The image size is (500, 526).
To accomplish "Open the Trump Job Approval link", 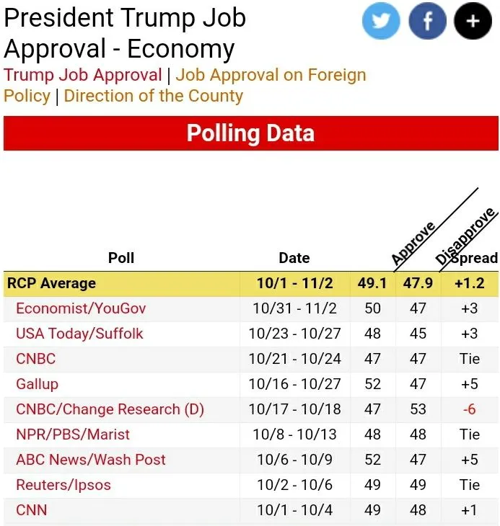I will click(x=83, y=75).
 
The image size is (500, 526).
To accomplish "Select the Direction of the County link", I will click(x=153, y=96).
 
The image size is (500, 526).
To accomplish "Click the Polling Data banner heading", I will click(x=250, y=133).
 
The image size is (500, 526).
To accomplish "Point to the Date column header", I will click(x=294, y=258).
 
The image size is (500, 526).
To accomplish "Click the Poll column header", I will click(x=121, y=258).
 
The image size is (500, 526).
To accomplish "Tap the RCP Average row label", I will click(x=51, y=283).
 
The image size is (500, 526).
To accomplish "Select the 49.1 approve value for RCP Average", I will click(x=372, y=283).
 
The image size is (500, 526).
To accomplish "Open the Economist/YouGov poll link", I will click(x=81, y=308).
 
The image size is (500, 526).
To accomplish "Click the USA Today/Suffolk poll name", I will click(x=79, y=334).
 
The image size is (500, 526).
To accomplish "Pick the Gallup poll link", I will click(x=37, y=384).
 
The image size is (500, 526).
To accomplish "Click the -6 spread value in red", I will click(x=469, y=409).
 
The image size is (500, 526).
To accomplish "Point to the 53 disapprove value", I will click(x=418, y=409).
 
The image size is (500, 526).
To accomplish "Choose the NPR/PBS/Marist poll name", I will click(x=73, y=434).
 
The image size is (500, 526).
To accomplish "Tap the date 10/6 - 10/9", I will click(x=294, y=460).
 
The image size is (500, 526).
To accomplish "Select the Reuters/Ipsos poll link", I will click(x=63, y=485).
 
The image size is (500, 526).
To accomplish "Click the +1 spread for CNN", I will click(x=469, y=510).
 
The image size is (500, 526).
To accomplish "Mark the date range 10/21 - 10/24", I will click(x=294, y=359).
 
